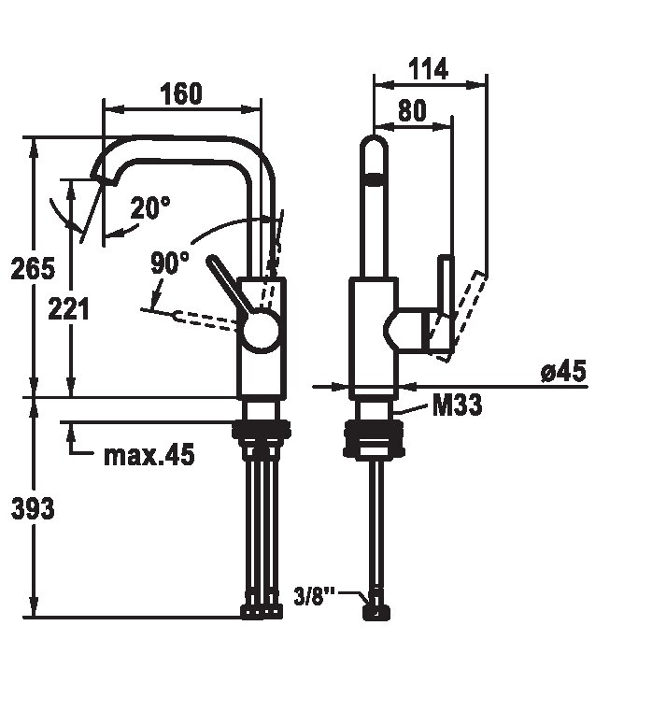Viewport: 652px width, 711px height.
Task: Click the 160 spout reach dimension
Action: pyautogui.click(x=181, y=93)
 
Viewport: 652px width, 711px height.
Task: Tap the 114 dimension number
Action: pyautogui.click(x=429, y=69)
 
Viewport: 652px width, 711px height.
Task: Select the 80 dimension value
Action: pyautogui.click(x=413, y=110)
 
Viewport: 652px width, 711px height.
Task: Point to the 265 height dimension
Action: pyautogui.click(x=33, y=268)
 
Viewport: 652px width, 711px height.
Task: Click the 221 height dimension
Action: pyautogui.click(x=69, y=309)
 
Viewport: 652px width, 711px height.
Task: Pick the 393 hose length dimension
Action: pyautogui.click(x=33, y=508)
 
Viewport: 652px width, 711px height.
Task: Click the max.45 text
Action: pyautogui.click(x=149, y=455)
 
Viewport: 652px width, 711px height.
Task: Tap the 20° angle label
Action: pyautogui.click(x=150, y=208)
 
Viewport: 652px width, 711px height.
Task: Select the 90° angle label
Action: pyautogui.click(x=170, y=263)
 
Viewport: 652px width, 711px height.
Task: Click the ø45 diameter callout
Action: pyautogui.click(x=563, y=371)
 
